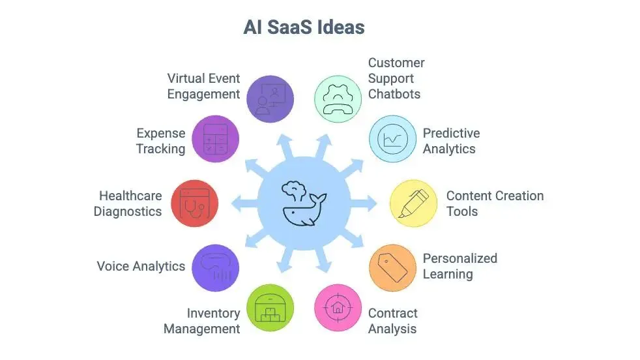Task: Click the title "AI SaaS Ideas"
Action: click(x=304, y=27)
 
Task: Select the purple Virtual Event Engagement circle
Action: click(x=270, y=99)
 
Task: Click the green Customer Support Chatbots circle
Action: click(x=338, y=99)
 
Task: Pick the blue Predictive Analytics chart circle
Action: click(x=392, y=139)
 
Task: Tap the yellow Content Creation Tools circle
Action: click(x=413, y=203)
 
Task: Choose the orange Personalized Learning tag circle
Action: click(x=392, y=267)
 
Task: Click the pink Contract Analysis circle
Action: click(x=338, y=307)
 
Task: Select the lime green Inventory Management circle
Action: click(x=270, y=307)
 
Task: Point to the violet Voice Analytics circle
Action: click(x=216, y=267)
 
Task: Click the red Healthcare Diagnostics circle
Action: click(x=194, y=203)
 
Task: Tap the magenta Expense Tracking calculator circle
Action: click(x=216, y=139)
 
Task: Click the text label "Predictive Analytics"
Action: click(x=451, y=141)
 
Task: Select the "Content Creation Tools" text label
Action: click(x=495, y=203)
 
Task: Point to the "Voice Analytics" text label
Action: click(x=141, y=266)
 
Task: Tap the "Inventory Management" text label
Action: click(x=202, y=321)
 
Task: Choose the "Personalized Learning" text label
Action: click(x=459, y=266)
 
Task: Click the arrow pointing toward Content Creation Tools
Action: click(x=368, y=203)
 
